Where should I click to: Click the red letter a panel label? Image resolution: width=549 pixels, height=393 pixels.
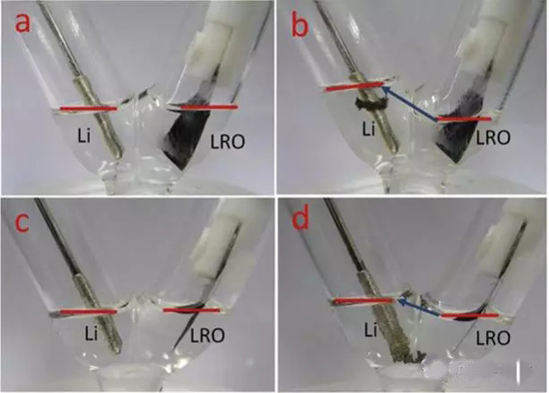22,23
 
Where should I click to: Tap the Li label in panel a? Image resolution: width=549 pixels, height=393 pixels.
84,135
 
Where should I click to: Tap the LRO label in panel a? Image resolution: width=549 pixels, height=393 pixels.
228,142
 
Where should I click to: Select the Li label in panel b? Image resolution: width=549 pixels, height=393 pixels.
367,129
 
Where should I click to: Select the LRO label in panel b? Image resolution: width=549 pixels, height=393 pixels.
493,138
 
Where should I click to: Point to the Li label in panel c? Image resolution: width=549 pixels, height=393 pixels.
91,333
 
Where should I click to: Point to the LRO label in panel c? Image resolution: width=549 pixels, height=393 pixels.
207,335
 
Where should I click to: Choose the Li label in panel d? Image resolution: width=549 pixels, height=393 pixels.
370,329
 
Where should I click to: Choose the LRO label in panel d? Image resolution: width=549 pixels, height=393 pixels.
493,338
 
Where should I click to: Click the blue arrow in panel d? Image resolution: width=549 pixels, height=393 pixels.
419,308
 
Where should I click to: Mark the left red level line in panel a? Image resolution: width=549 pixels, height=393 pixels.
88,109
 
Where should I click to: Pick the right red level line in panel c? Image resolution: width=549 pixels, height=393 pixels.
192,310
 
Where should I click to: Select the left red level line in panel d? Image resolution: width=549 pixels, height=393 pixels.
363,301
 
